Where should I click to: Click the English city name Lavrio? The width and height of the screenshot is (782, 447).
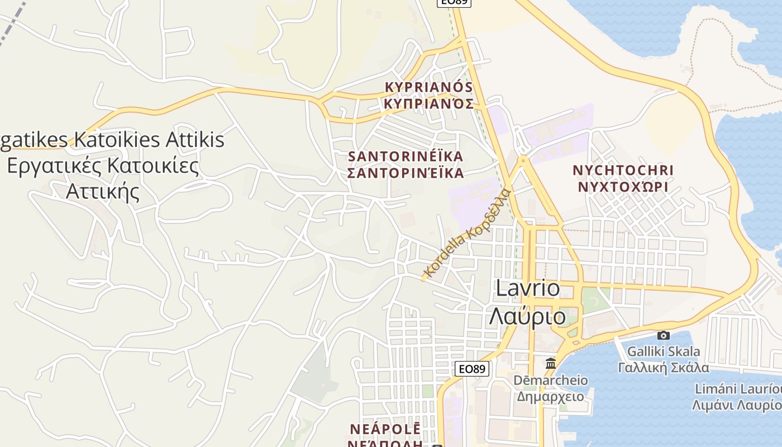point(528,288)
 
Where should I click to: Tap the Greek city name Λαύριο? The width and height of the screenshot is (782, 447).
point(528,316)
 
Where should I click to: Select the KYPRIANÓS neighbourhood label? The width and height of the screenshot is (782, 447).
point(429,87)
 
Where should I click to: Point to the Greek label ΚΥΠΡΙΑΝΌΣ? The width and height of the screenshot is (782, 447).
point(429,103)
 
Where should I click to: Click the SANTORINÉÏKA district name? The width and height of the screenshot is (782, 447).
point(406,156)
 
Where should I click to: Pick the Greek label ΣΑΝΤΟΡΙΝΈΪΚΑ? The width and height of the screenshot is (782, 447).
point(406,173)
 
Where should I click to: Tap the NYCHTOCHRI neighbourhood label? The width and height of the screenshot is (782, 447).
point(623,170)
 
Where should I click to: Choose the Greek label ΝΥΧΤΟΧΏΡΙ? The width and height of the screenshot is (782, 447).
point(623,187)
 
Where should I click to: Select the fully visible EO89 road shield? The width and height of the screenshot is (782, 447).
point(473,369)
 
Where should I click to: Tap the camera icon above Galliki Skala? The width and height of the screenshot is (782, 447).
point(663,335)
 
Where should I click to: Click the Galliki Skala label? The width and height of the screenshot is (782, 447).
point(663,351)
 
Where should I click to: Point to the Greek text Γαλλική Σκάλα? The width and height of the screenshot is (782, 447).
point(663,367)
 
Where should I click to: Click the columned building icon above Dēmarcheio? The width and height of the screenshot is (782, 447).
point(551,363)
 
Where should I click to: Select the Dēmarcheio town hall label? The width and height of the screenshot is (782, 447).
point(550,381)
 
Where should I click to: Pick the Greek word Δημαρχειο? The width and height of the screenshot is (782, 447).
point(550,397)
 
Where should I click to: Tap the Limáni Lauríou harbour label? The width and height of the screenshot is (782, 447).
point(737,389)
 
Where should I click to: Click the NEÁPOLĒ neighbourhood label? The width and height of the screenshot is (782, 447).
point(385,429)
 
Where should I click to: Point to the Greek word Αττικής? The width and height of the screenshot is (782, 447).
point(102,192)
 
